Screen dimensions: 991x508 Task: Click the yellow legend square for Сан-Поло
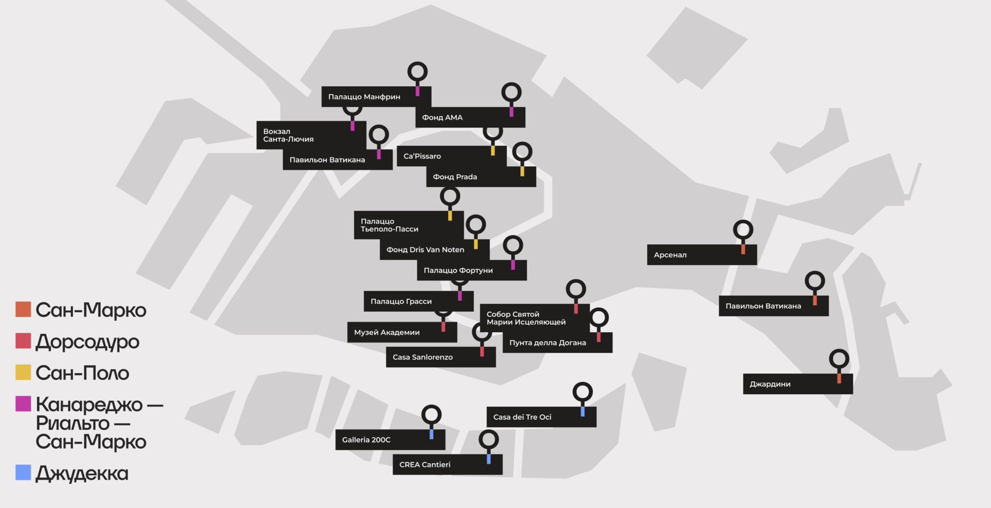click(23, 372)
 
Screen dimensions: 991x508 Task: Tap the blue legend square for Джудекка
click(23, 472)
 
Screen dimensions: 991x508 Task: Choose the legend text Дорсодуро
click(88, 342)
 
